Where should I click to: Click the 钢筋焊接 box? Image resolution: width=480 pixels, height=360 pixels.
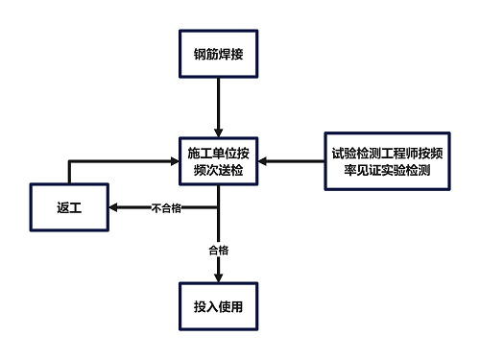218,53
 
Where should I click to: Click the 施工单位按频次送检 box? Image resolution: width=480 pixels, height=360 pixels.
218,160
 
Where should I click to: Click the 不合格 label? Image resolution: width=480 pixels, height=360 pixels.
167,207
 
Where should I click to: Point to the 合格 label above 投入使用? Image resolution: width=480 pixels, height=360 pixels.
218,250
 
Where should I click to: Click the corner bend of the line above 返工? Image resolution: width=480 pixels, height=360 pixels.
69,160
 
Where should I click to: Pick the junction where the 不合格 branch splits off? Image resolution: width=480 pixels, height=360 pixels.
218,207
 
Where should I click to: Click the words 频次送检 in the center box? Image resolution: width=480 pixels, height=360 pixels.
218,170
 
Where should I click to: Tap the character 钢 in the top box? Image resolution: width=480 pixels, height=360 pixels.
199,53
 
